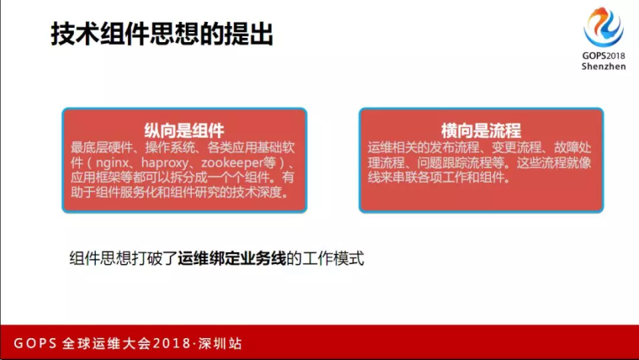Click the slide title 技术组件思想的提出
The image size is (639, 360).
tap(161, 34)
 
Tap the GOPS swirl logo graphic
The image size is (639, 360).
tap(604, 27)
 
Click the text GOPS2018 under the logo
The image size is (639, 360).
tap(604, 56)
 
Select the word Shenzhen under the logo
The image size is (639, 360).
tap(604, 66)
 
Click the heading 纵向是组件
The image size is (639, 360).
tap(184, 130)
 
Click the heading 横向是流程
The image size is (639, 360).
tap(481, 130)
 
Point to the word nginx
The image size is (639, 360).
tap(112, 163)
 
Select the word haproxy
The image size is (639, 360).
tap(165, 163)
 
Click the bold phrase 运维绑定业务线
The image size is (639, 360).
tap(232, 258)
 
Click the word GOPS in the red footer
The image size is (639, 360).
tap(35, 343)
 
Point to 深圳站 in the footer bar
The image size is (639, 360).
tap(220, 343)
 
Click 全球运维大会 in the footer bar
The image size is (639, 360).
tap(107, 343)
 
